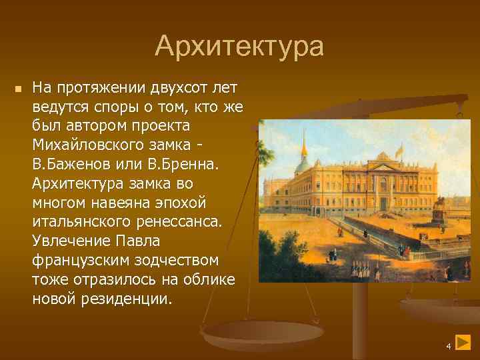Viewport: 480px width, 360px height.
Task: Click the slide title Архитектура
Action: click(x=239, y=47)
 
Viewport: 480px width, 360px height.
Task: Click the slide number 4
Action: click(x=449, y=346)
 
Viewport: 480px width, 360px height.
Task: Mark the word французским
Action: click(x=78, y=259)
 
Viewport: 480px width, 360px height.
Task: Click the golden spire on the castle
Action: click(x=303, y=143)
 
